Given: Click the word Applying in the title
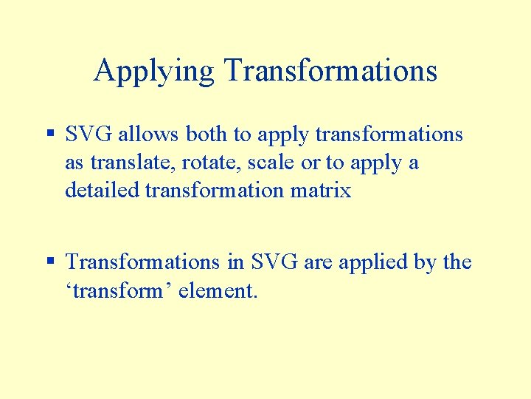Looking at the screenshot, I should [x=154, y=72].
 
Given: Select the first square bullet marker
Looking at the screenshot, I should [x=50, y=134].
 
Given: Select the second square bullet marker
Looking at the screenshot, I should [x=50, y=261].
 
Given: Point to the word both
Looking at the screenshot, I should [x=206, y=134].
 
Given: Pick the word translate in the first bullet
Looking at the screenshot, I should [x=122, y=163].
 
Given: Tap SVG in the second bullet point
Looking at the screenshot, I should [x=274, y=262].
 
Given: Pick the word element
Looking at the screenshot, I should [x=223, y=290].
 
